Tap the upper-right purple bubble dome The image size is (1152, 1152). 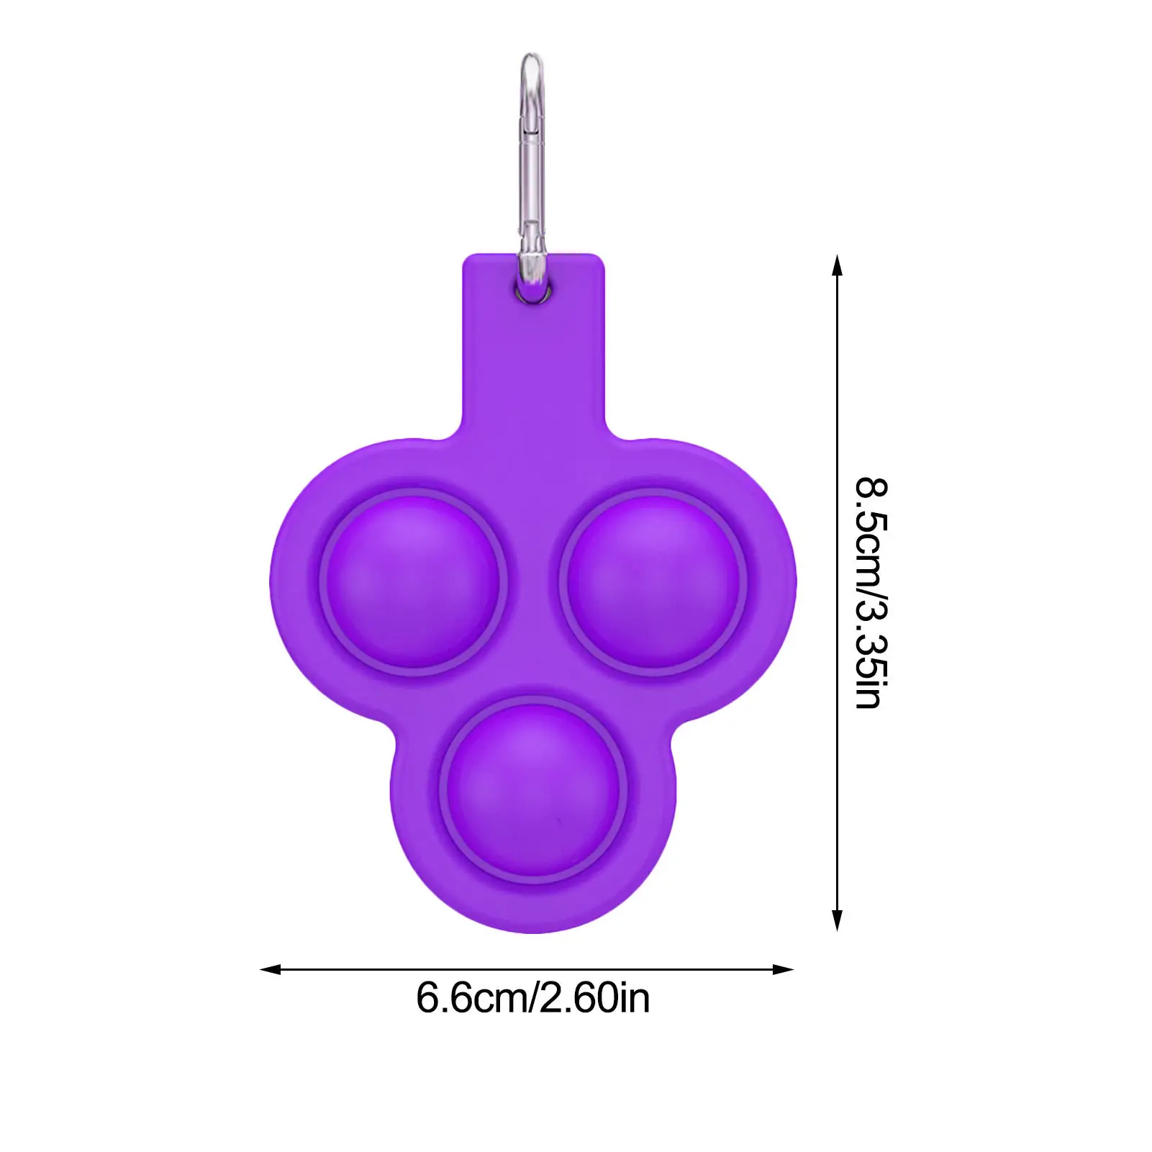(x=653, y=581)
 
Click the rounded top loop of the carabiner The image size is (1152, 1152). (x=532, y=61)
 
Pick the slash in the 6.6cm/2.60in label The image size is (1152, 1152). (x=534, y=998)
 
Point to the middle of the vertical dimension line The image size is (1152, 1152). (x=836, y=592)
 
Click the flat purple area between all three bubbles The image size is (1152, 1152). (x=532, y=648)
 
